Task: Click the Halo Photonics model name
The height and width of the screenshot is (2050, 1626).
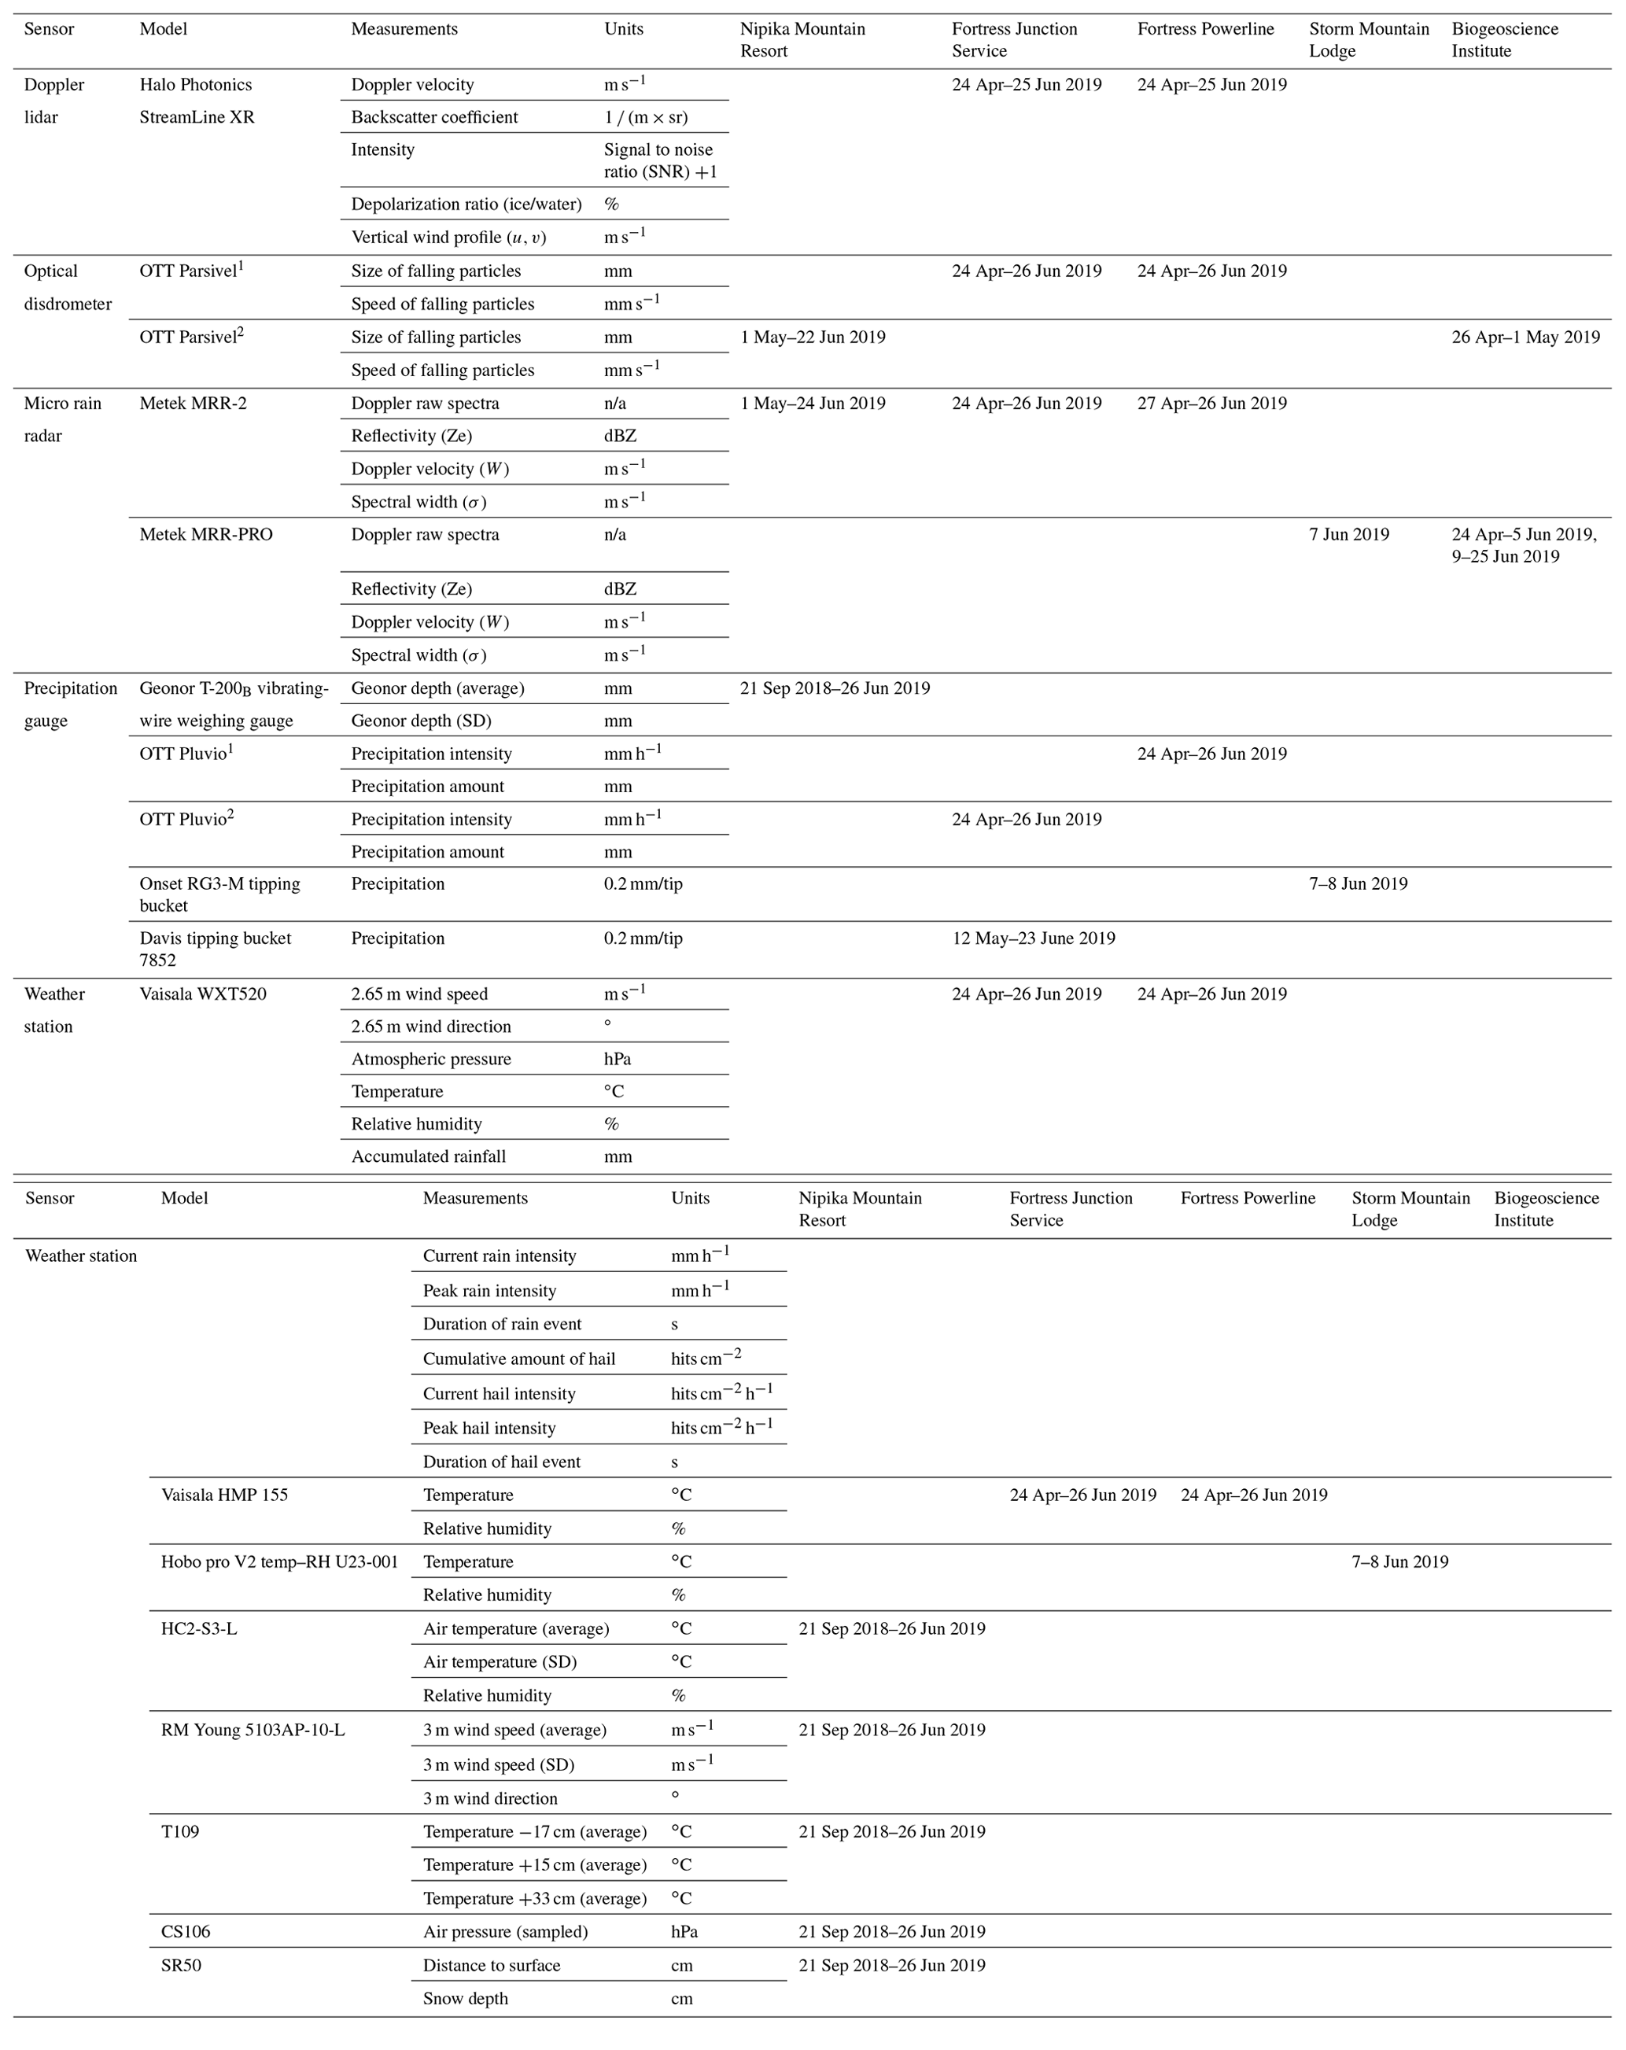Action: [x=196, y=85]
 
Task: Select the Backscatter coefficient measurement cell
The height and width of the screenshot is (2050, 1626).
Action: [x=434, y=117]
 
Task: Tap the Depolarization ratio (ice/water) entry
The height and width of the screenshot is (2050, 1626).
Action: [x=466, y=204]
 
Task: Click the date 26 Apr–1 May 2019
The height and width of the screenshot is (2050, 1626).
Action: [x=1525, y=337]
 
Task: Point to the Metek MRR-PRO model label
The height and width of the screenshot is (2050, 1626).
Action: [x=206, y=534]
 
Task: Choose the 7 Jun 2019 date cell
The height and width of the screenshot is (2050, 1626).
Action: [x=1348, y=534]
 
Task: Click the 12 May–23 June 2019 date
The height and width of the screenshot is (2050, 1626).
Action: [x=1034, y=938]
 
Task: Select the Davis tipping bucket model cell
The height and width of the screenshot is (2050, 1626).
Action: [x=215, y=948]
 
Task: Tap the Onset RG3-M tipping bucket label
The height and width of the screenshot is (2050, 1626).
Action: [x=219, y=894]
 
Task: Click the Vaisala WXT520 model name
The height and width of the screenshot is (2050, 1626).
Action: [x=202, y=994]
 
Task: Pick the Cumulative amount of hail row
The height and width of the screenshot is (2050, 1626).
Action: [x=519, y=1359]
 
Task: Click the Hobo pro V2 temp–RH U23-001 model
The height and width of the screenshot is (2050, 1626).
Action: [x=279, y=1561]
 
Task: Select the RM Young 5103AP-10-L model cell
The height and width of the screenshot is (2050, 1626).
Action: [x=253, y=1730]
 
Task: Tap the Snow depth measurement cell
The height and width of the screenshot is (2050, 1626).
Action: [x=465, y=1998]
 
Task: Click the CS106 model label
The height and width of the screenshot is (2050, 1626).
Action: [x=186, y=1931]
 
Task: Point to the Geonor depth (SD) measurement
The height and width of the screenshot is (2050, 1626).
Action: [x=421, y=721]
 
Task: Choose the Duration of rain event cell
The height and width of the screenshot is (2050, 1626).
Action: [x=502, y=1324]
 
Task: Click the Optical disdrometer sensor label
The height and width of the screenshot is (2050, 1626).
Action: [x=68, y=287]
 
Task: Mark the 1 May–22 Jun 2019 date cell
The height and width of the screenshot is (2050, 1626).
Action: [x=813, y=337]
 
